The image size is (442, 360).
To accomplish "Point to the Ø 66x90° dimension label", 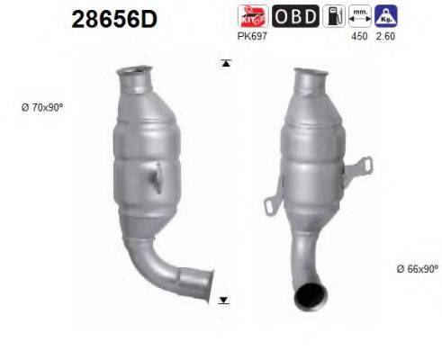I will (415, 269).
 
